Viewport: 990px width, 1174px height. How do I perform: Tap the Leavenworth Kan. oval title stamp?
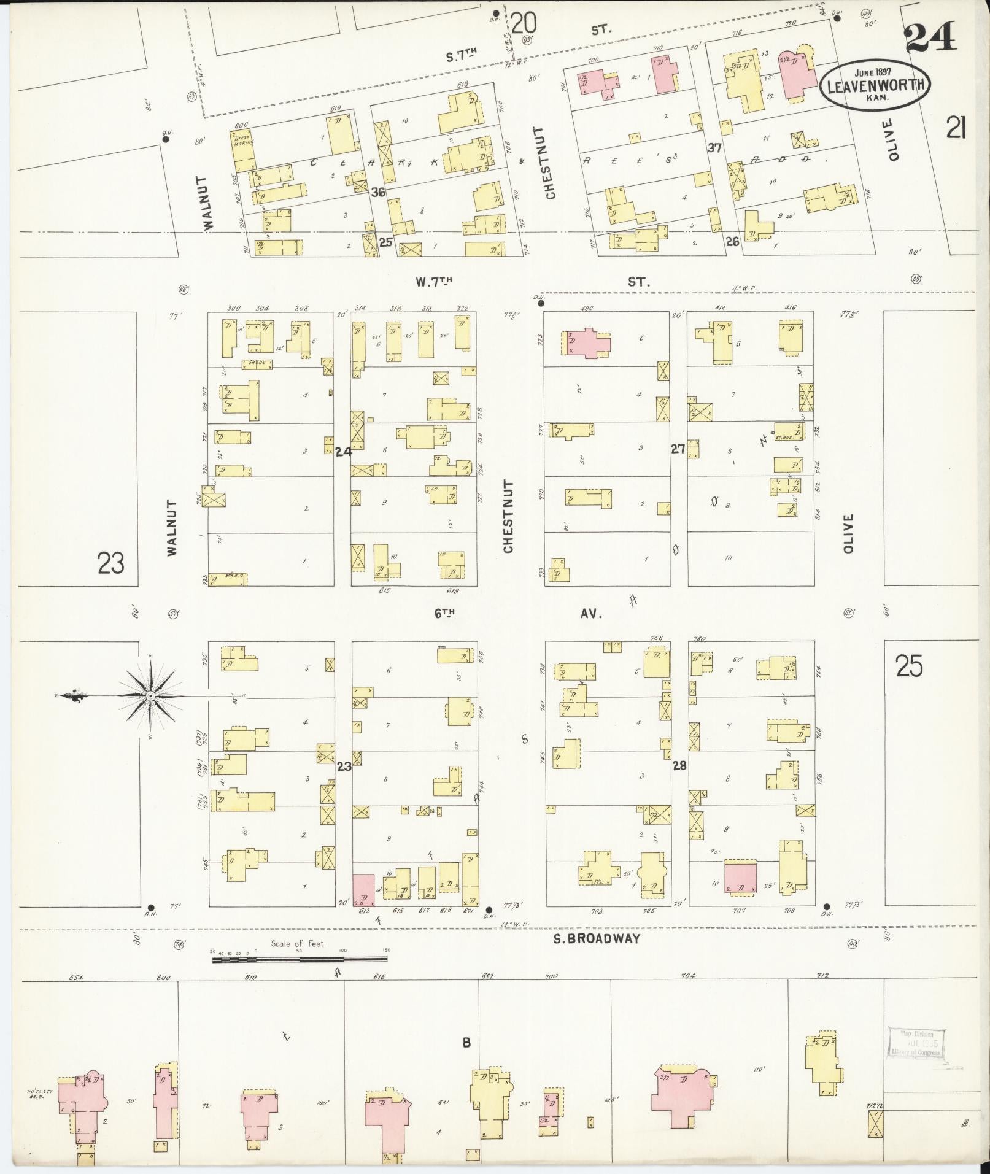[x=875, y=87]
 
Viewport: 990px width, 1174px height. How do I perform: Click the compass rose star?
[x=150, y=695]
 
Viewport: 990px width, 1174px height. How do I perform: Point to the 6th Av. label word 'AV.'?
[x=592, y=613]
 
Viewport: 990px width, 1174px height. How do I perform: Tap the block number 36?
[x=377, y=192]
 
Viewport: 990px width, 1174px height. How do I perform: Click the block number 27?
[x=678, y=449]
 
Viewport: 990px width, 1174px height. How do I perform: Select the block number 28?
[x=679, y=765]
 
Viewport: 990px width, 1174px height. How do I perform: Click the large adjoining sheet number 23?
[x=110, y=562]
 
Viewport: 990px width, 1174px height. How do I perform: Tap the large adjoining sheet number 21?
[x=956, y=129]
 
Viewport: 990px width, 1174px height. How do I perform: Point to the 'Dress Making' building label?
[x=244, y=141]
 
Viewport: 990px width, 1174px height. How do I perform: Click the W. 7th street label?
[x=433, y=282]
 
